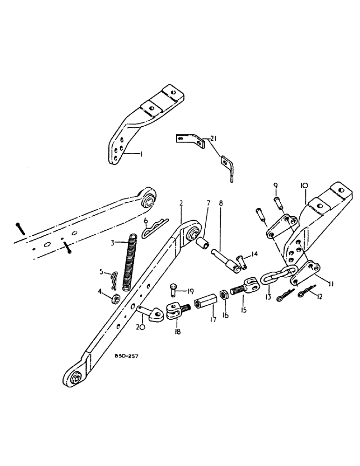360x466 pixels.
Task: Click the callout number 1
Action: point(140,153)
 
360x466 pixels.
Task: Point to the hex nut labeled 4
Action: point(115,297)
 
